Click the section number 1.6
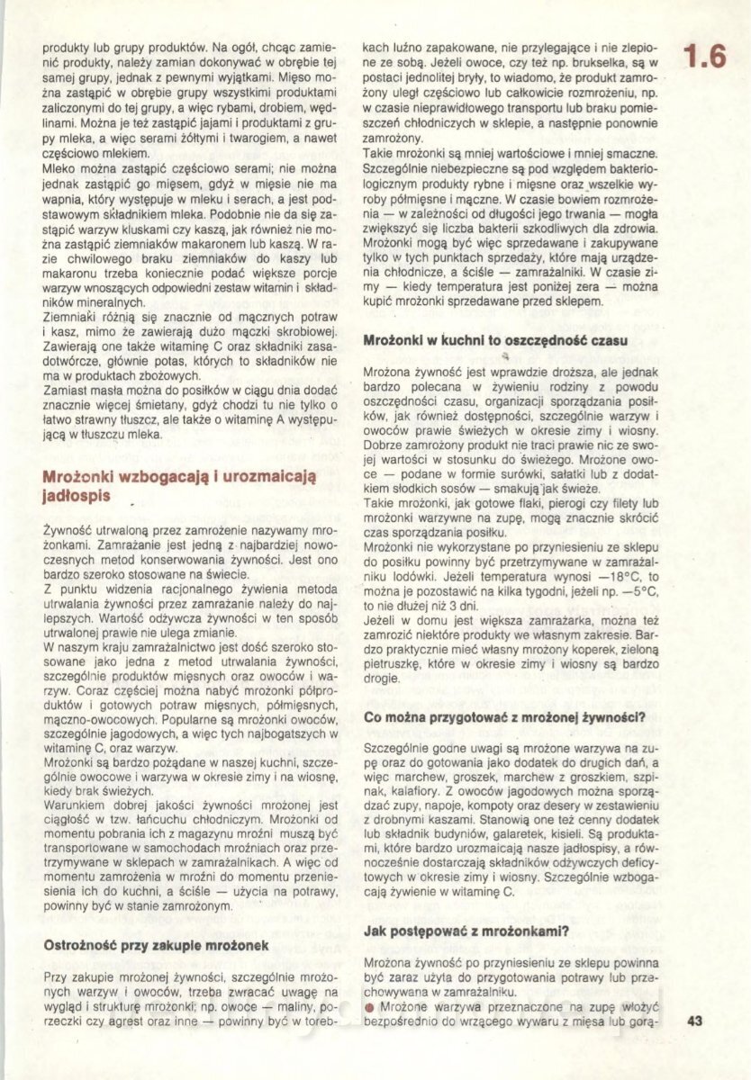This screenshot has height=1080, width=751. click(x=704, y=58)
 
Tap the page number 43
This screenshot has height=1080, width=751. click(x=694, y=1021)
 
